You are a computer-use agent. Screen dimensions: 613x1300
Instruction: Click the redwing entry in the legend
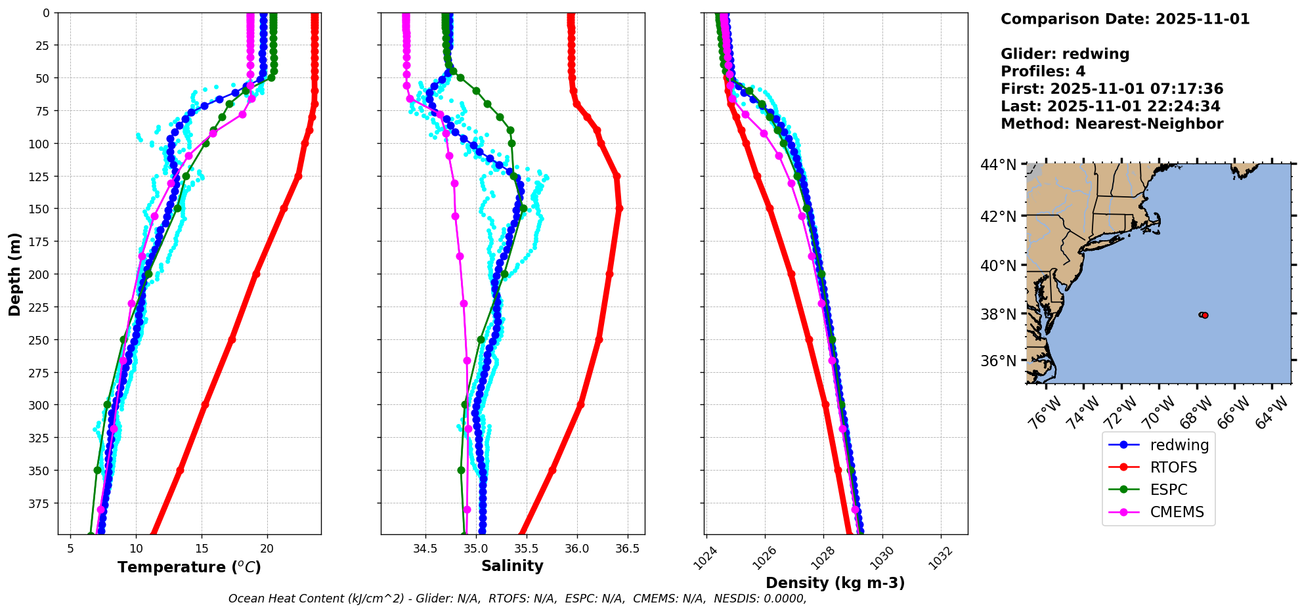[1179, 445]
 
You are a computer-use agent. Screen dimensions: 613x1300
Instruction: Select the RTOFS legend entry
[1173, 467]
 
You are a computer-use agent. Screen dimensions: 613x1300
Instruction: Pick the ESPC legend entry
[1169, 490]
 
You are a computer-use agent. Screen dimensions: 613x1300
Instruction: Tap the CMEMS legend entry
[1177, 512]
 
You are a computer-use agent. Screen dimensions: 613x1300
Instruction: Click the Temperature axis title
[189, 567]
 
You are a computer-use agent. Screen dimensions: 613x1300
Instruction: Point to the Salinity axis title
[512, 566]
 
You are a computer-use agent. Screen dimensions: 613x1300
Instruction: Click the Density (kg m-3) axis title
[835, 583]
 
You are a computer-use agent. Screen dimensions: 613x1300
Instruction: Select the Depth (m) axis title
[14, 274]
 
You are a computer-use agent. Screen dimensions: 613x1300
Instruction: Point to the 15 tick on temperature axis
[202, 549]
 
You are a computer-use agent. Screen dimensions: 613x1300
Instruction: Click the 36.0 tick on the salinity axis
[576, 549]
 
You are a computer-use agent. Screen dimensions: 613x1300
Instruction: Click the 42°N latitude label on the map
[998, 217]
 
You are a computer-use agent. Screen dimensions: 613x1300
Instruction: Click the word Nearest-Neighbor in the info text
[1149, 124]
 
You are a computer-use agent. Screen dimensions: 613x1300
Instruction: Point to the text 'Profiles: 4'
[1043, 72]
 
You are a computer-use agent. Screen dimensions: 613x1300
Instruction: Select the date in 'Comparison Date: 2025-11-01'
[1202, 19]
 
